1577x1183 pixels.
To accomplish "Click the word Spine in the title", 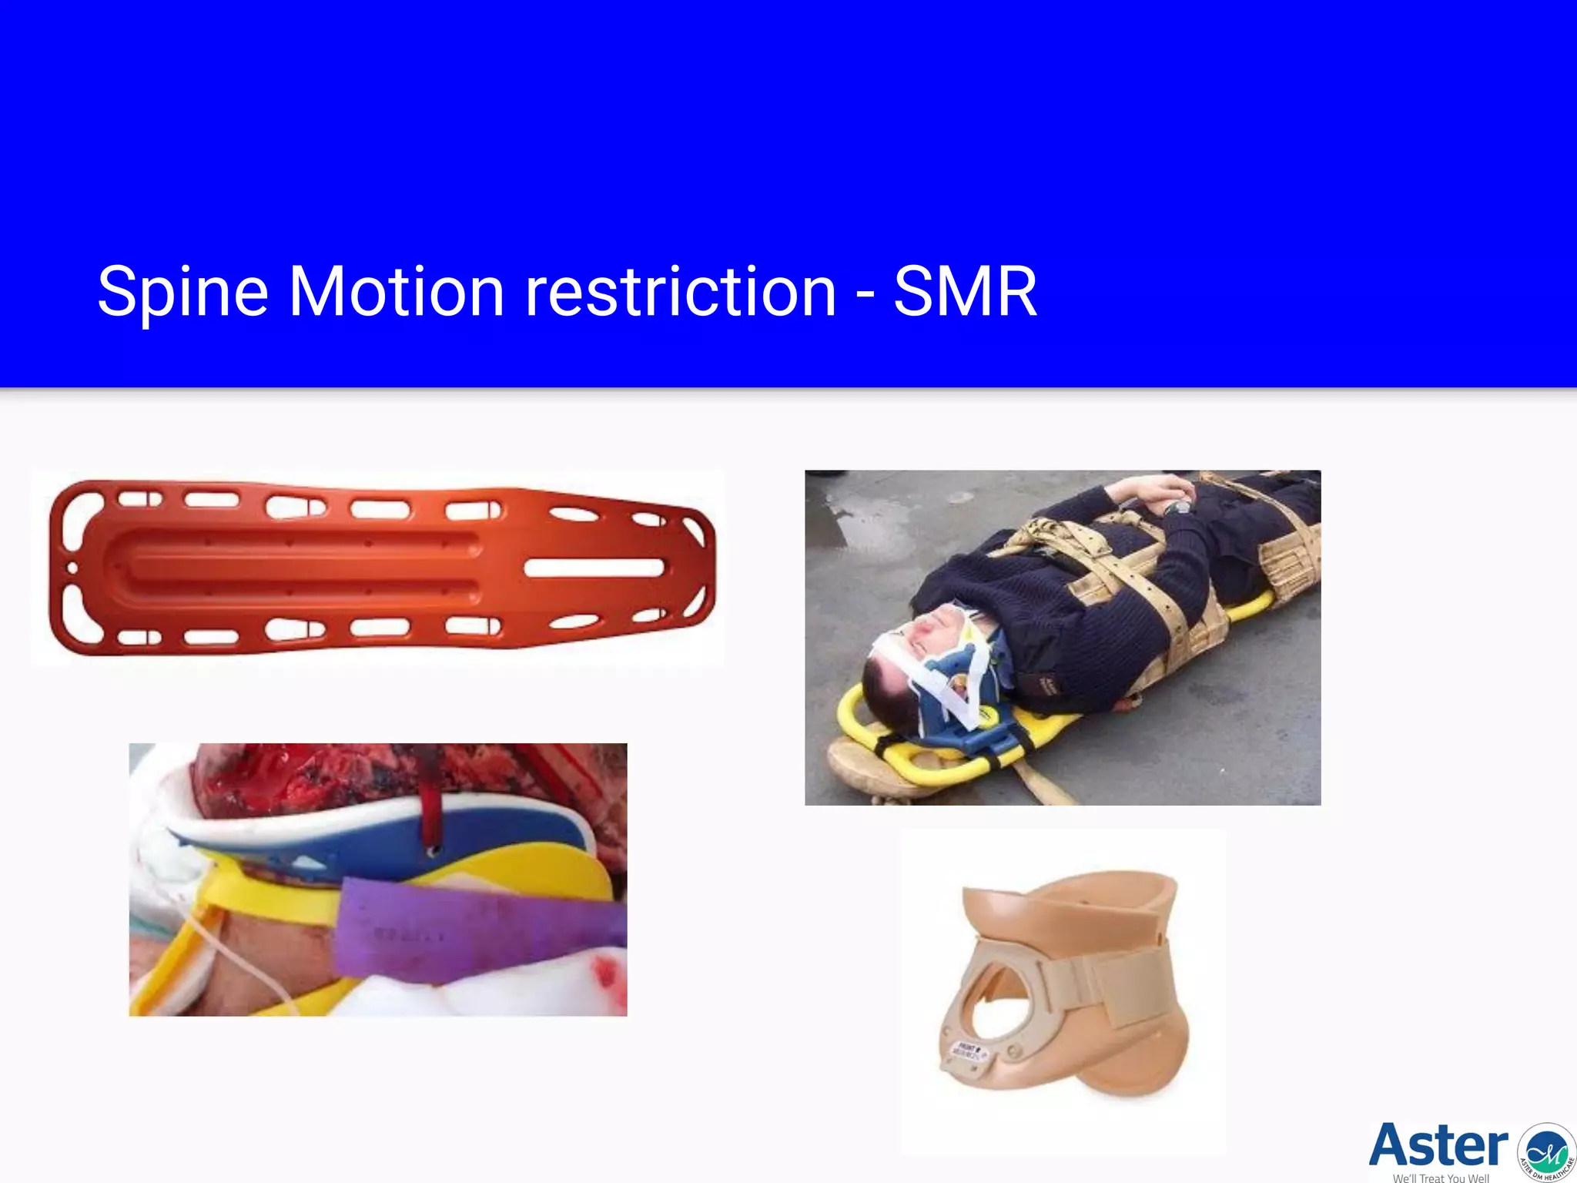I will click(182, 292).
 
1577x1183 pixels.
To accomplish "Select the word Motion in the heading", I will click(396, 292).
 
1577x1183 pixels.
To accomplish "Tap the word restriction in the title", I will click(680, 292).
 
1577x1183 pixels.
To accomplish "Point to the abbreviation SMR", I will click(965, 292).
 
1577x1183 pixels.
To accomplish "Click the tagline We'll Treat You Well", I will click(1441, 1178).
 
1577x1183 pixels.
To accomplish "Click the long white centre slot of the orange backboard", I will click(594, 568).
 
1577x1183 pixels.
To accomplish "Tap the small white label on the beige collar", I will click(967, 1051).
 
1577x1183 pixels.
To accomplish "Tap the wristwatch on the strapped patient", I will click(1177, 508).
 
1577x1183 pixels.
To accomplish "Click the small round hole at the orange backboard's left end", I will click(72, 568).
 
